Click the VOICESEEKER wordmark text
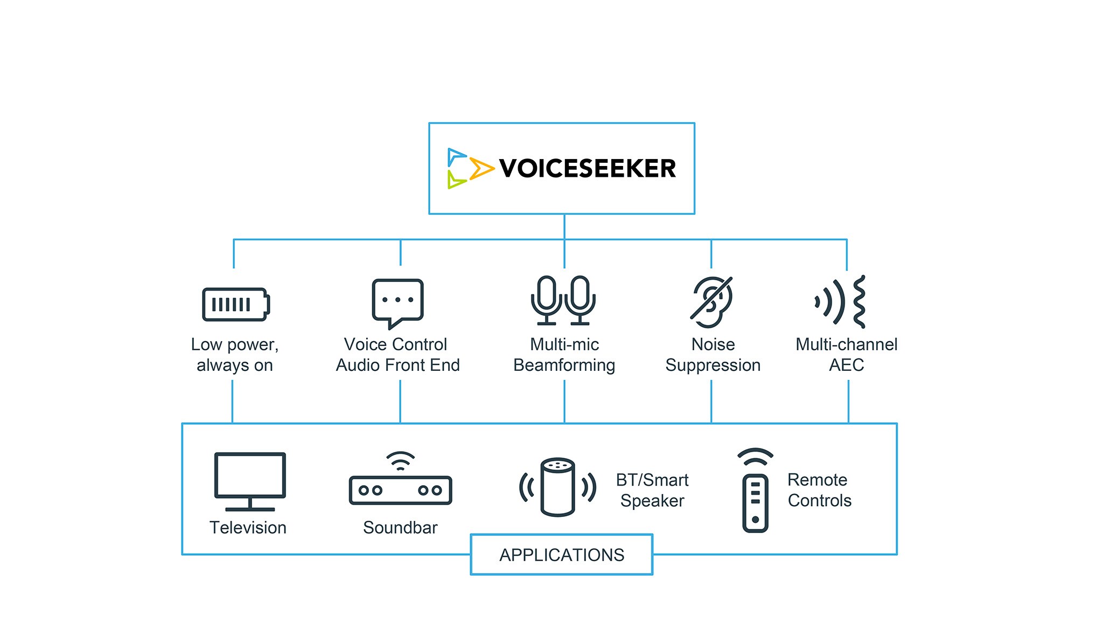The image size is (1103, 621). [x=587, y=168]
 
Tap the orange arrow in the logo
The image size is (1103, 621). [x=481, y=168]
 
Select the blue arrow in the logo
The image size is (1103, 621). [x=456, y=156]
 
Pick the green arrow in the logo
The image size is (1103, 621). [x=456, y=180]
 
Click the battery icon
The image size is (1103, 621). [x=236, y=305]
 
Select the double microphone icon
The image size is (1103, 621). [x=563, y=301]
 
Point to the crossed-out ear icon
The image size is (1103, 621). [x=712, y=302]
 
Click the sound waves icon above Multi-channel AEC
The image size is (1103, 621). [x=841, y=302]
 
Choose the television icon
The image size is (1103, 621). [x=250, y=481]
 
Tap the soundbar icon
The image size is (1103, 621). [x=400, y=482]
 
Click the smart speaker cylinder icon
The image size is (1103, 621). [x=557, y=487]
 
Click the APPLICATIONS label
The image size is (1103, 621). [x=562, y=555]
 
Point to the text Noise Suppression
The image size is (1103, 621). [x=713, y=355]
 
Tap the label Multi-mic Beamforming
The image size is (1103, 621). [x=564, y=355]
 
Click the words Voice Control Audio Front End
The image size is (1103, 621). [x=397, y=355]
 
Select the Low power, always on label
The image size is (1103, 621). [x=235, y=355]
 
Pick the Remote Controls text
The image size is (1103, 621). [x=819, y=490]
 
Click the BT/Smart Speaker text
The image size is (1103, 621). [x=652, y=490]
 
